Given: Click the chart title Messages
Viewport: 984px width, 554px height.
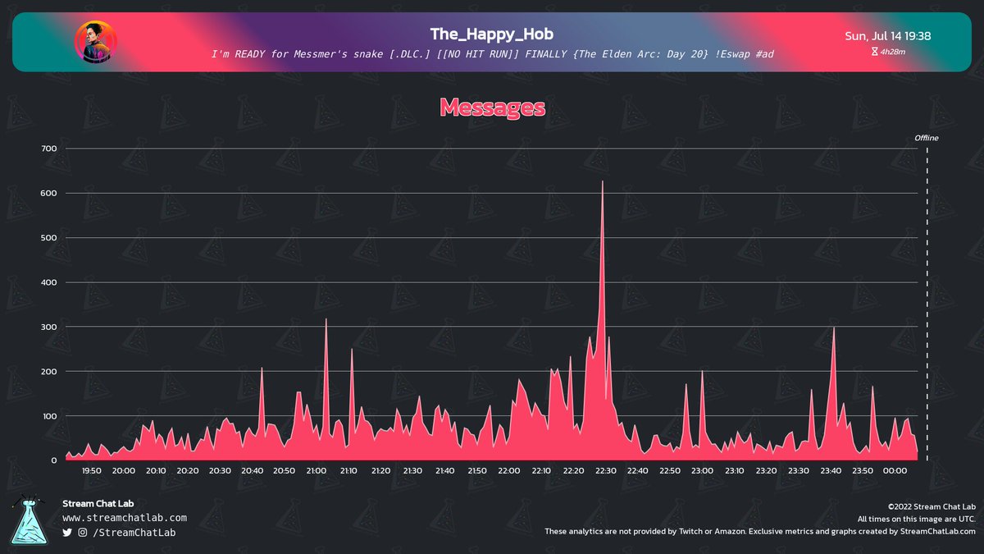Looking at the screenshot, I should [x=492, y=108].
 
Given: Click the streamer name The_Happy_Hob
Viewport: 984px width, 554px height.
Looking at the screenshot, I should [x=492, y=34].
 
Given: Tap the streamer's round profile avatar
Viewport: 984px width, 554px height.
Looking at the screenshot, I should [x=96, y=42].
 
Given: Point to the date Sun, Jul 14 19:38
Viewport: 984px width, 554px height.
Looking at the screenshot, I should [x=887, y=36].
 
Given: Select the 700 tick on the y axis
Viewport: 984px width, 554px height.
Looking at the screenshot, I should [x=48, y=149].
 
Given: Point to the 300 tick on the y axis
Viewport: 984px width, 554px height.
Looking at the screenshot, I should [x=48, y=327].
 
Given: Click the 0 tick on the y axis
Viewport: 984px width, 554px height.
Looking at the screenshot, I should [x=53, y=460].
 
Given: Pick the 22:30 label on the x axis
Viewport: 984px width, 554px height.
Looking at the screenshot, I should [x=605, y=471].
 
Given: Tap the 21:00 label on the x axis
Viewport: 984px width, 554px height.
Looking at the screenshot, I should [x=316, y=471].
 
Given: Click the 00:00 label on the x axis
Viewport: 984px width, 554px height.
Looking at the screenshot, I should [x=895, y=471].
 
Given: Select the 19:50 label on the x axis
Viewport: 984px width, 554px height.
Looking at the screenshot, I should [x=92, y=471].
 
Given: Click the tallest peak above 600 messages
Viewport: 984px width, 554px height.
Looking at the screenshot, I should [x=603, y=182].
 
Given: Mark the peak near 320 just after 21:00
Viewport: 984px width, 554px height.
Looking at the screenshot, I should [x=326, y=320].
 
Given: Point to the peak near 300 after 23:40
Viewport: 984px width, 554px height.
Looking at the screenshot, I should [x=834, y=328].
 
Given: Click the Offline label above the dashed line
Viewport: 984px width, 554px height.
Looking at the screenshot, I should [x=926, y=138].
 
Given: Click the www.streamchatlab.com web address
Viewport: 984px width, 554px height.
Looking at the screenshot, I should [x=125, y=518].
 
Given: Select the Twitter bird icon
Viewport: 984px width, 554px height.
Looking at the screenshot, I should [x=67, y=533].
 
